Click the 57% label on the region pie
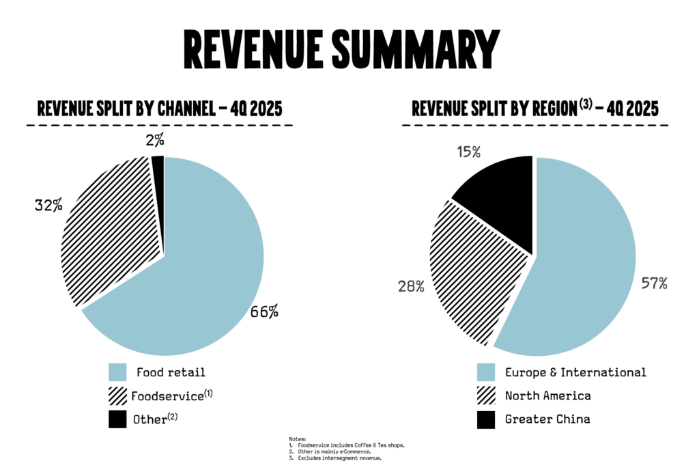[x=653, y=283]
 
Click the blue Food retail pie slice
[x=205, y=273]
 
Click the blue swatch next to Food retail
[x=118, y=372]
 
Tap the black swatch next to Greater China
[x=486, y=419]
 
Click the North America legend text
[x=547, y=396]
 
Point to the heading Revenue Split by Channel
[x=159, y=109]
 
